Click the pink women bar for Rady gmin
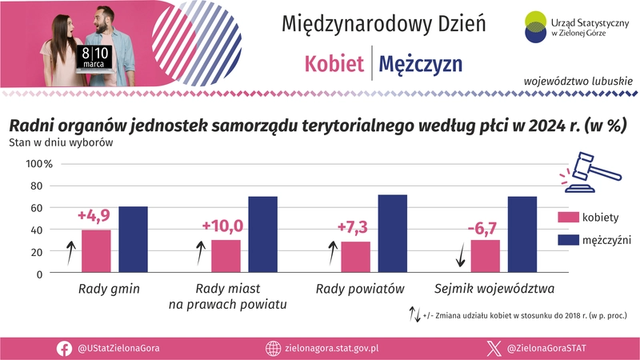coord(96,252)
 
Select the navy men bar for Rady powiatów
coord(392,234)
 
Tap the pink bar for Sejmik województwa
coord(485,257)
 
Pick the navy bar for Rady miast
coord(262,235)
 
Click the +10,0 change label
coord(222,226)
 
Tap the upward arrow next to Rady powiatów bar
coord(331,253)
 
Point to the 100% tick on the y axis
coord(39,164)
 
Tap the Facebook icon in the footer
coord(64,348)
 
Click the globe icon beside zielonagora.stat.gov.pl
coord(273,348)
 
